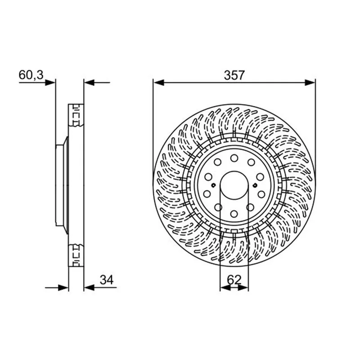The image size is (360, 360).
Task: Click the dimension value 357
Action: [x=234, y=75]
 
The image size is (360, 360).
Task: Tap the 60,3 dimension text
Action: [x=31, y=75]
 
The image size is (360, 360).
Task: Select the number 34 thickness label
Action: [x=107, y=280]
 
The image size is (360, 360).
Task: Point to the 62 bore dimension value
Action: [x=234, y=280]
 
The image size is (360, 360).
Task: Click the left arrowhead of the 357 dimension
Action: [x=159, y=83]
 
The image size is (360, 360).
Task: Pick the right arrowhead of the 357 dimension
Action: [x=310, y=83]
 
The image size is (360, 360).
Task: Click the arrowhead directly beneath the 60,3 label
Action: [x=50, y=83]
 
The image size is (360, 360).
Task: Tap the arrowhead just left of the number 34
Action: [x=89, y=288]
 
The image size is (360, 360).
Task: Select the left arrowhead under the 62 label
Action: [x=225, y=288]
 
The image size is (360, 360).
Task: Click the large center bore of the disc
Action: [x=234, y=185]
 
